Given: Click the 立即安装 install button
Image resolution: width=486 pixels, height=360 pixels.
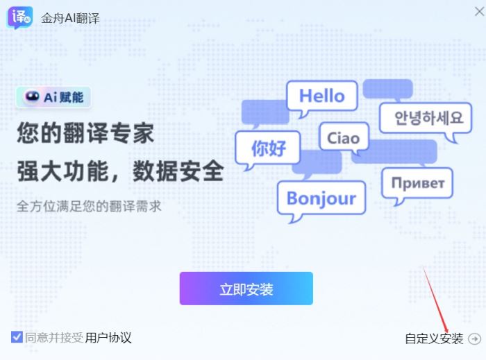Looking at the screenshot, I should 246,289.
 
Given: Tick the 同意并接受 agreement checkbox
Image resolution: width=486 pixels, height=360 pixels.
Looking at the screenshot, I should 17,338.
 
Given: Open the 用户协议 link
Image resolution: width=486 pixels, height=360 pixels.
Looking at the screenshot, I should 108,338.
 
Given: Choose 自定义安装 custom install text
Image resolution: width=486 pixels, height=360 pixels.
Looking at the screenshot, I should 434,338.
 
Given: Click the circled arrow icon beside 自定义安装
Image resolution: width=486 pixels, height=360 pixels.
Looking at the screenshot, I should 475,338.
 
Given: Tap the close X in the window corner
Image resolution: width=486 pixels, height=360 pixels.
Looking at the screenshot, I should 478,11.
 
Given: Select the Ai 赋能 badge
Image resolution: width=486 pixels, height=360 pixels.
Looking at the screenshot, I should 54,97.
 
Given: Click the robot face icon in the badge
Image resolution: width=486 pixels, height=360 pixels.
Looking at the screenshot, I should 32,97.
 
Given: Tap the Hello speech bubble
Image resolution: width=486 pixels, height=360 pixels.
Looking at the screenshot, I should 321,96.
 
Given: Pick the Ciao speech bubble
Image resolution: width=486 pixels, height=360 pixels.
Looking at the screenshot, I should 343,137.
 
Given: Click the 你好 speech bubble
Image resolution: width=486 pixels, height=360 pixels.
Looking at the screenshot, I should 268,148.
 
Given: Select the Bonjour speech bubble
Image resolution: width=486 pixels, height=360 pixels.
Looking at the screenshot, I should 321,198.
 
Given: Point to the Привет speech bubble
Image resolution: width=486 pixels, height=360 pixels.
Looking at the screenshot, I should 417,183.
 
